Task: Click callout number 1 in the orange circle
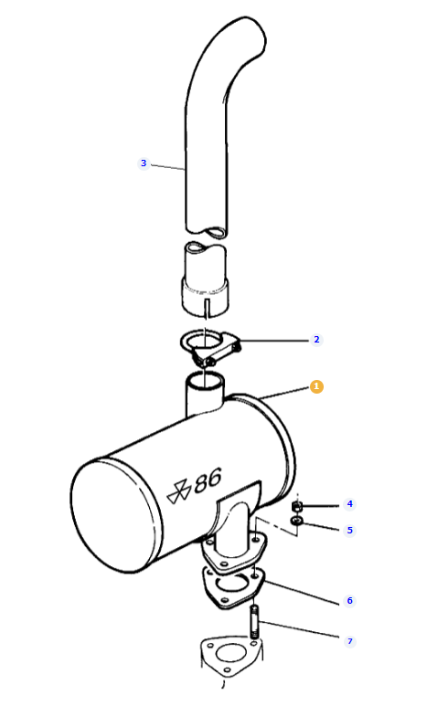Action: tap(316, 386)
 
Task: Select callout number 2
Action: tap(316, 340)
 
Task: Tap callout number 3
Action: tap(144, 163)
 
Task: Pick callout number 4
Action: tap(349, 504)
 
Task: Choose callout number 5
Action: tap(349, 531)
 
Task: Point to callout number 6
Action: tap(349, 601)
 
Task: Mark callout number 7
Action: tap(349, 641)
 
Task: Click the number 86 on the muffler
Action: tap(208, 480)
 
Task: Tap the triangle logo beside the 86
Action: tap(177, 491)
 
